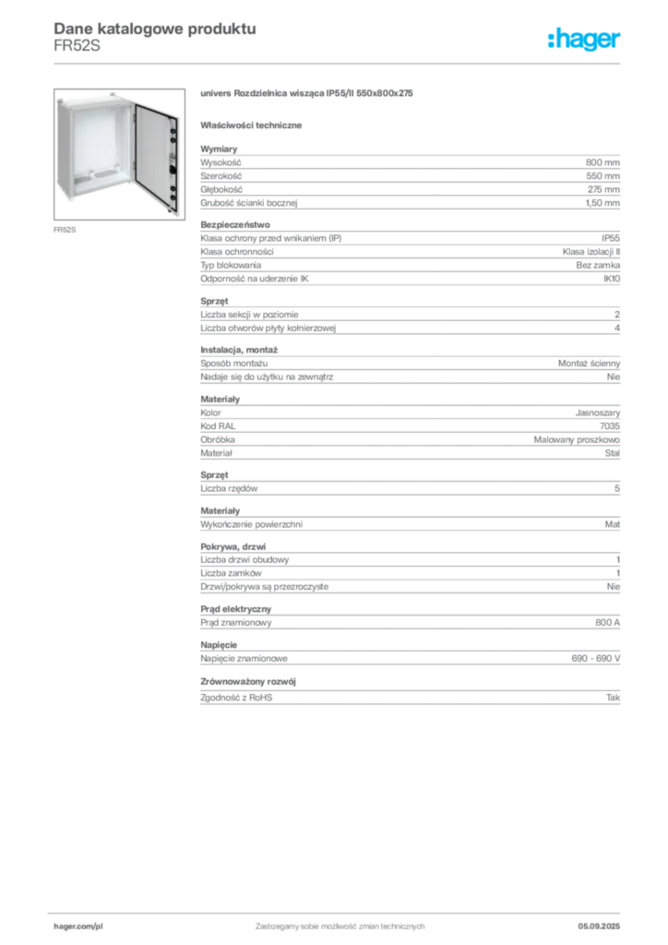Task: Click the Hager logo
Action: pyautogui.click(x=583, y=39)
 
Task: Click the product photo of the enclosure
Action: pyautogui.click(x=119, y=154)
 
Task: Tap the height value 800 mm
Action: pyautogui.click(x=602, y=162)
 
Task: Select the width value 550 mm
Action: pyautogui.click(x=602, y=176)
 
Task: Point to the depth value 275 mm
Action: pyautogui.click(x=603, y=189)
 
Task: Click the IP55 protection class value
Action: pyautogui.click(x=610, y=238)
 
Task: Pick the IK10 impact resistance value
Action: pyautogui.click(x=612, y=279)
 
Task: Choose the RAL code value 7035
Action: pyautogui.click(x=610, y=426)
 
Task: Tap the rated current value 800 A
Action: pyautogui.click(x=607, y=623)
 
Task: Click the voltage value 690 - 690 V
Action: pyautogui.click(x=596, y=659)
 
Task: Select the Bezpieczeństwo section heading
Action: pyautogui.click(x=235, y=225)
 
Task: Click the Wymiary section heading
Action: pyautogui.click(x=219, y=149)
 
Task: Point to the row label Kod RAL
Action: pyautogui.click(x=218, y=426)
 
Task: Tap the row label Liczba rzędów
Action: pyautogui.click(x=229, y=489)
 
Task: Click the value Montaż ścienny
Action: pyautogui.click(x=589, y=364)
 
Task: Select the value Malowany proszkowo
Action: pyautogui.click(x=577, y=440)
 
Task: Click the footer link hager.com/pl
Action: pyautogui.click(x=78, y=927)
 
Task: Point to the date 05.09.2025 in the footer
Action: pyautogui.click(x=599, y=927)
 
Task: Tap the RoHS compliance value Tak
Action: pyautogui.click(x=614, y=698)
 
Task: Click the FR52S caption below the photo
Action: pyautogui.click(x=65, y=230)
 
